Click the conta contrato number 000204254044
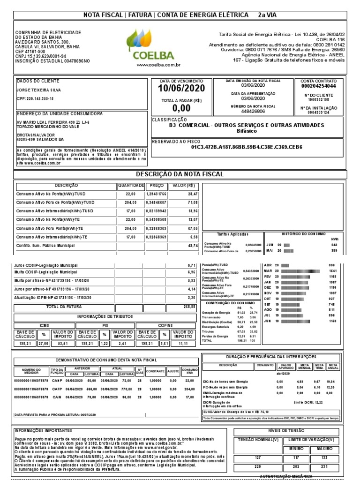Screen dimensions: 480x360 click(x=318, y=87)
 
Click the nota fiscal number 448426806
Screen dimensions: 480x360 click(x=253, y=112)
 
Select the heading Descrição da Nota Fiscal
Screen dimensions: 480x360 click(x=180, y=175)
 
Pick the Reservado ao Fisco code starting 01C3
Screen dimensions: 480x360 click(x=247, y=147)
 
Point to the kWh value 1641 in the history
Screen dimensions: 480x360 click(x=333, y=271)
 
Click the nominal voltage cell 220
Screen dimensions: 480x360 click(x=257, y=466)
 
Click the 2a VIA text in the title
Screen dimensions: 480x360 click(x=267, y=15)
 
